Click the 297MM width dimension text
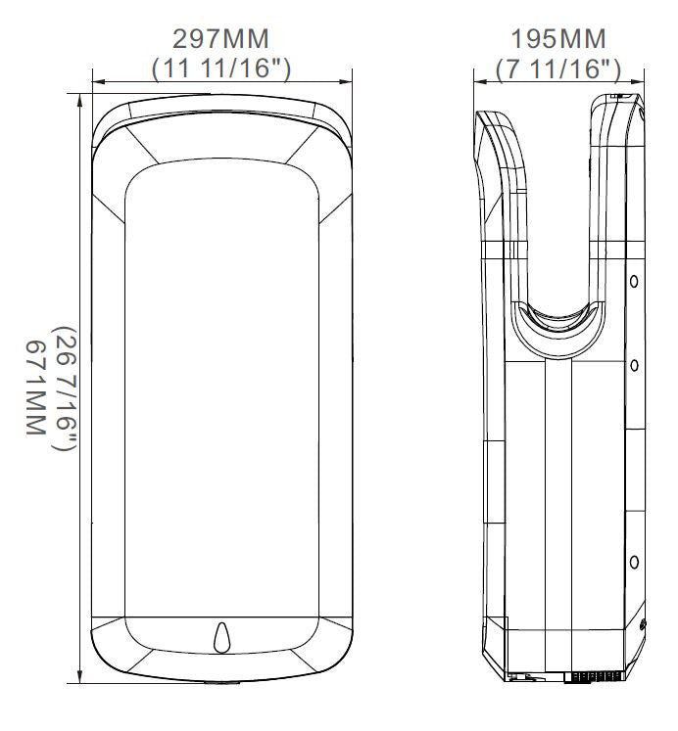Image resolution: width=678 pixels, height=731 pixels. point(220,39)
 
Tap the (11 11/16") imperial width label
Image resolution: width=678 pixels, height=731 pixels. point(221,69)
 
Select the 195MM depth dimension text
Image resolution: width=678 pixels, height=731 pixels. point(558,39)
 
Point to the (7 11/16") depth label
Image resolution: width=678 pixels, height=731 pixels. point(558,69)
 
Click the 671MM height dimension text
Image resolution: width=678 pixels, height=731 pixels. point(35,388)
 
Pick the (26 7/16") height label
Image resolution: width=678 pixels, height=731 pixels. point(65,388)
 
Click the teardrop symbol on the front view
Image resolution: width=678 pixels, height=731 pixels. point(221,637)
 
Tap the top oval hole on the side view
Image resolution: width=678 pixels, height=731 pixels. point(634,281)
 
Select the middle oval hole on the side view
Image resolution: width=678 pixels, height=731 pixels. point(634,365)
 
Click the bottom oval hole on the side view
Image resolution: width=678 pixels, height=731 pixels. point(634,563)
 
